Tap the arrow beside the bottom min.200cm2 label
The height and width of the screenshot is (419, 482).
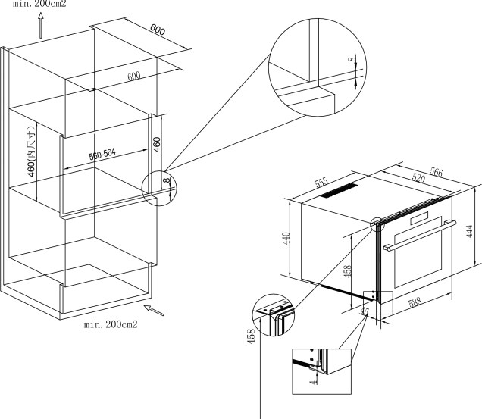154,309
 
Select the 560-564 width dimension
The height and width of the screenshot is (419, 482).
102,155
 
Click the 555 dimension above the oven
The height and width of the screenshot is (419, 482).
321,183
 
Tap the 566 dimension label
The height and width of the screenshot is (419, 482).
437,170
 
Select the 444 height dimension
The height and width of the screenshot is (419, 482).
471,230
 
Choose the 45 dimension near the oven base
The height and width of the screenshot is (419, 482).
365,311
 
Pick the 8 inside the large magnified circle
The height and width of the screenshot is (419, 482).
351,60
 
